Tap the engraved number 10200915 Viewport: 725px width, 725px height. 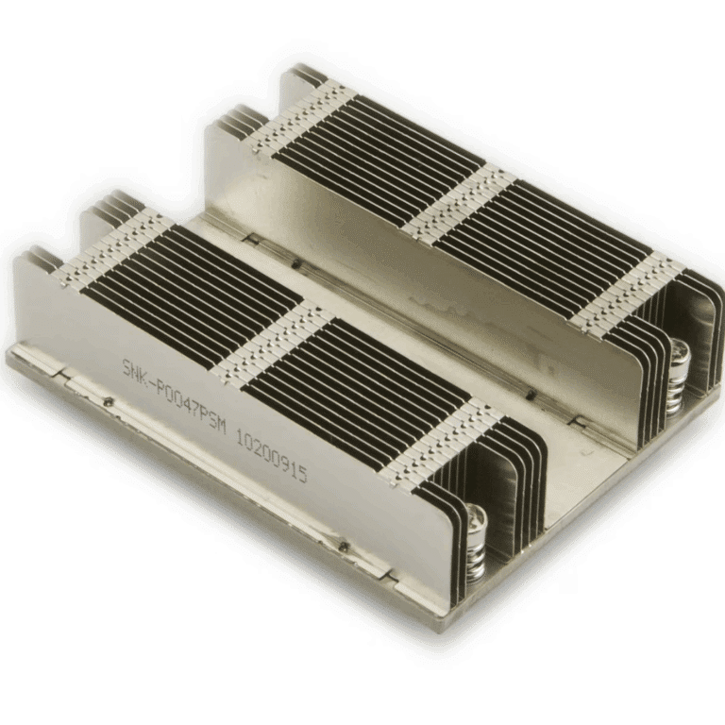[272, 455]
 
